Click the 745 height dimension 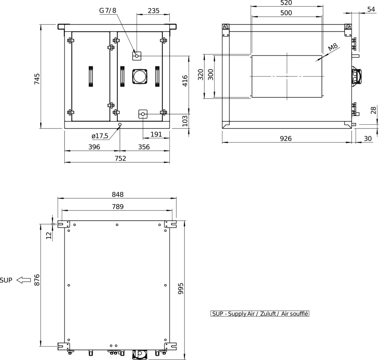(x=37, y=79)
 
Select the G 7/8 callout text (x=107, y=10)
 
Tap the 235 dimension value (x=154, y=11)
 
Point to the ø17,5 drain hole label (x=100, y=136)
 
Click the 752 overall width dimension (x=120, y=158)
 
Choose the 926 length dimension (x=286, y=138)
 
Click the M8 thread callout (x=333, y=47)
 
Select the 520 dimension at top (x=286, y=3)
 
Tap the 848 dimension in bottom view (x=118, y=194)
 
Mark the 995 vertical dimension (x=181, y=288)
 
